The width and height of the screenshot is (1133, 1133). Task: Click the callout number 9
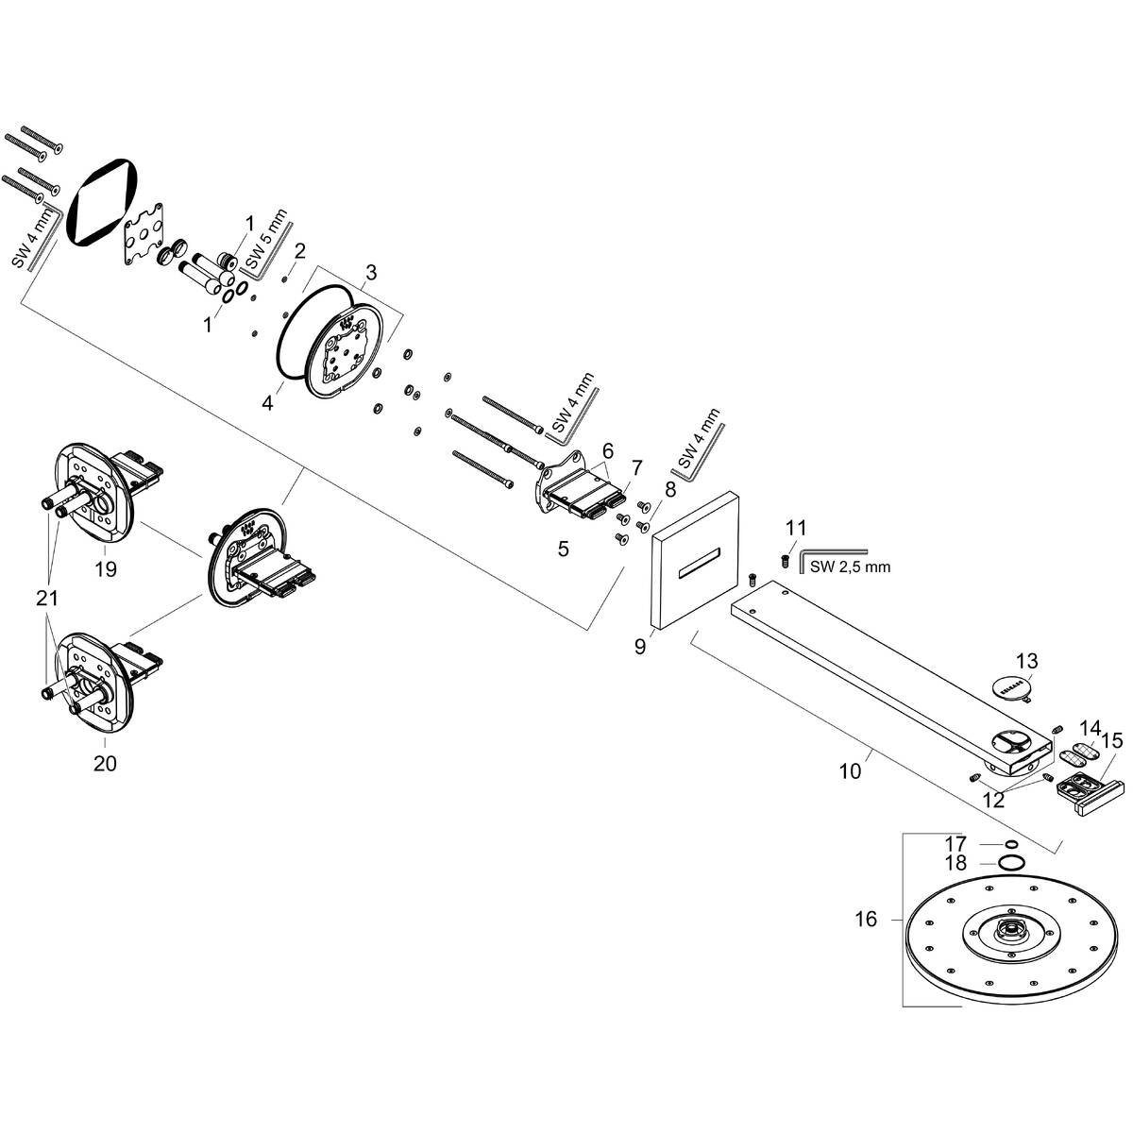click(640, 647)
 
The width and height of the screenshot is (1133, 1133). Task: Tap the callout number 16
click(866, 919)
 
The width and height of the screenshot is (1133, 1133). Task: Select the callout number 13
click(1026, 659)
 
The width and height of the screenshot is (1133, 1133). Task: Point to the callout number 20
click(105, 763)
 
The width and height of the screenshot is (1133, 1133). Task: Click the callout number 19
click(105, 569)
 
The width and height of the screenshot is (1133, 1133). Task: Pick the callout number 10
click(850, 770)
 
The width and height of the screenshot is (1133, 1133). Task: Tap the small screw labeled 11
click(785, 561)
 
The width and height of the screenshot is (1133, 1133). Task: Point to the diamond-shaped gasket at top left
click(106, 201)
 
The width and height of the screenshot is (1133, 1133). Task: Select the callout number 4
click(268, 403)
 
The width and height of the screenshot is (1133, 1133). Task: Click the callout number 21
click(46, 598)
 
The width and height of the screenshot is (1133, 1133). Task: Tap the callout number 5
click(563, 549)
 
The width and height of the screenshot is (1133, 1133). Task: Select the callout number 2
click(299, 251)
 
